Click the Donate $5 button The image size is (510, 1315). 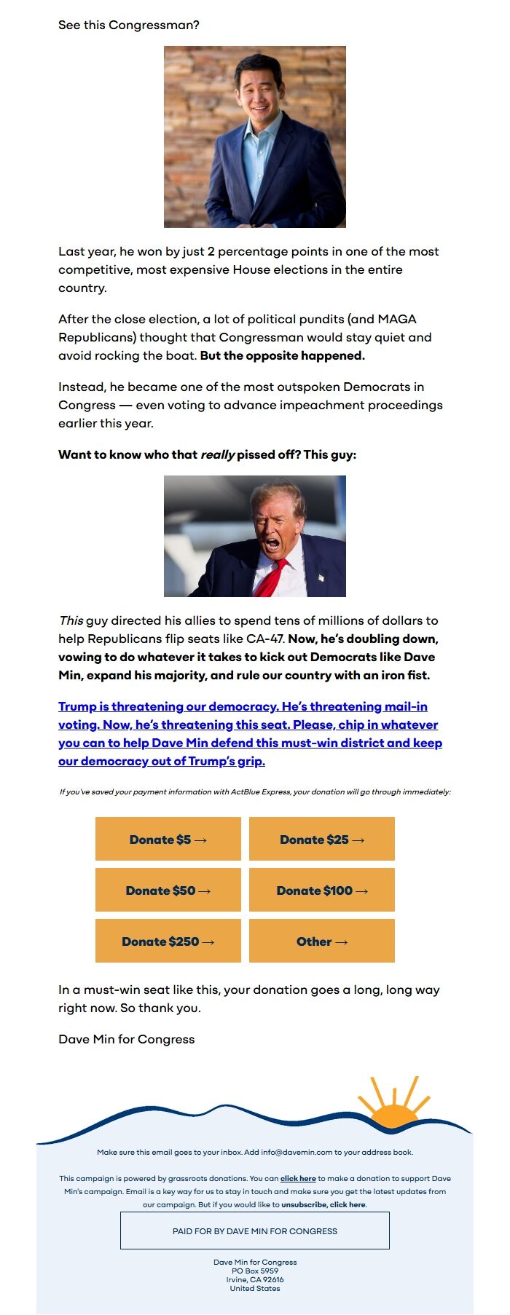168,840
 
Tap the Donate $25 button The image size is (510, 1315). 321,840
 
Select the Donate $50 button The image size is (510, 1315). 168,891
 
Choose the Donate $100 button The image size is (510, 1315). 321,891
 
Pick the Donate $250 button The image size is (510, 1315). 168,941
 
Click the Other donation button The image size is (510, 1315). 321,941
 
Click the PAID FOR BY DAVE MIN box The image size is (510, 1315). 254,1231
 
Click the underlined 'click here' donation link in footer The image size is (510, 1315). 298,1179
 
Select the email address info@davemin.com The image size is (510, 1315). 297,1153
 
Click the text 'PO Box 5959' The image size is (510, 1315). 254,1271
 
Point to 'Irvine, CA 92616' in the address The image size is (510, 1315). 254,1279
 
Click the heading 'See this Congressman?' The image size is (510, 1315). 129,25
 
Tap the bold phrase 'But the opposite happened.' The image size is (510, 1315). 282,356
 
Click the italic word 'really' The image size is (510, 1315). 217,455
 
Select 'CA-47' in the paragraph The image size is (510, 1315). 265,639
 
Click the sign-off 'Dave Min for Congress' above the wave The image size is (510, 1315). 127,1040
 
